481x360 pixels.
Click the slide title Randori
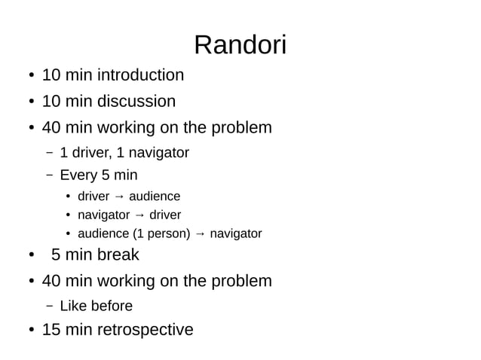point(240,45)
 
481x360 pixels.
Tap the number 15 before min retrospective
point(51,330)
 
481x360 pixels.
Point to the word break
point(117,255)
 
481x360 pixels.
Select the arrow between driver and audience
point(119,197)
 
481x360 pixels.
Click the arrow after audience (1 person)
point(200,234)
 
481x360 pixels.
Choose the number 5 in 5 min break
point(56,255)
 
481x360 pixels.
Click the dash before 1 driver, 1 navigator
point(49,154)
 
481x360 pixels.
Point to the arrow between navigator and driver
point(139,215)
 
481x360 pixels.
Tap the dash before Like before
point(49,307)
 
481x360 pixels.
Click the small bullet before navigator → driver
point(67,216)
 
